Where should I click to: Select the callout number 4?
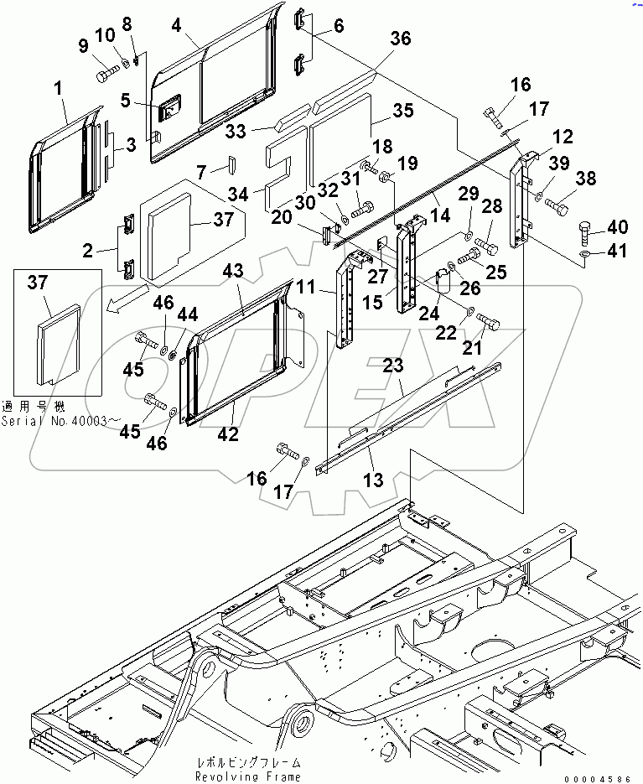tap(177, 25)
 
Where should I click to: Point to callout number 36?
tap(400, 39)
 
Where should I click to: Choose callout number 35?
tap(403, 111)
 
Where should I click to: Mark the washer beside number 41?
tap(584, 252)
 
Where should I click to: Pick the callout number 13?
tap(373, 480)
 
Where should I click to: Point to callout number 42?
tap(228, 434)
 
